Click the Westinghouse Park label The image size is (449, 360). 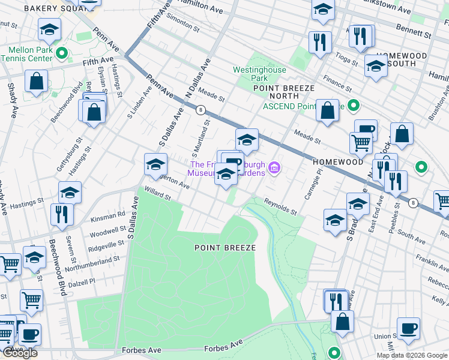tap(250, 74)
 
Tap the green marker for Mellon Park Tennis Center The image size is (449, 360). tap(61, 55)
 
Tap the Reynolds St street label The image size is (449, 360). tap(281, 208)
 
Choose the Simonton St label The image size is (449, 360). tap(183, 23)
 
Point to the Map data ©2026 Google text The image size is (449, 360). tap(412, 355)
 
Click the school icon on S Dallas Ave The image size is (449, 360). tap(155, 164)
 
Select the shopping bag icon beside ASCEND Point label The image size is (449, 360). tap(327, 110)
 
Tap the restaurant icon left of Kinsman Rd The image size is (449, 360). tap(62, 214)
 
